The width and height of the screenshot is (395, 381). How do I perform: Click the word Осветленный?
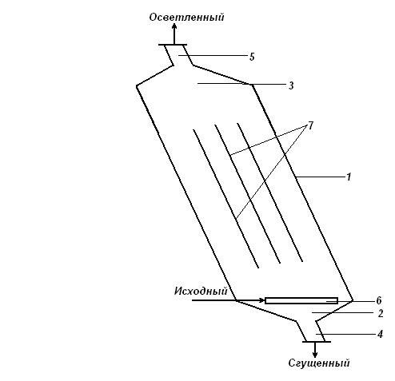pos(186,18)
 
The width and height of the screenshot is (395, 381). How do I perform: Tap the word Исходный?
pos(201,291)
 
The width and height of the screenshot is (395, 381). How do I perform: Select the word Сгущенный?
pos(319,363)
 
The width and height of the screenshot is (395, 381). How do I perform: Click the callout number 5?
pos(252,57)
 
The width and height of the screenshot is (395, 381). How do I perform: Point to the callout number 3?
pos(291,85)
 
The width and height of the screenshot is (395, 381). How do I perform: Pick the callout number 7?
pos(310,125)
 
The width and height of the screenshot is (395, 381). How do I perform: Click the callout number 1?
pos(349,177)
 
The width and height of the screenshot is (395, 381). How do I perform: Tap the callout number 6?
pos(379,300)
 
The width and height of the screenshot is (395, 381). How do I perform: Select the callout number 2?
pos(381,313)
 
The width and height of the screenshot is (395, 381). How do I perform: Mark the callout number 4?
pos(381,334)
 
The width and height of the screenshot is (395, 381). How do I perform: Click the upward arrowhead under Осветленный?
pos(174,26)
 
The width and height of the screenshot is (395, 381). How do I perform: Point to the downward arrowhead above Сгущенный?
pos(315,354)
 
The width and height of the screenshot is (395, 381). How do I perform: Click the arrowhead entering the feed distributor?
pos(262,300)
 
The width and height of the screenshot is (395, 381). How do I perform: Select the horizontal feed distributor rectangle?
pos(301,301)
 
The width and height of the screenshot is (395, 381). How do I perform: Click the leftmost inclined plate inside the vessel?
pos(225,199)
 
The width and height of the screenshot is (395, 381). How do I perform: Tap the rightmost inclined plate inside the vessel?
pos(269,192)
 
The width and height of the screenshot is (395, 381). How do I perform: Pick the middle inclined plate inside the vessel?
pos(248,194)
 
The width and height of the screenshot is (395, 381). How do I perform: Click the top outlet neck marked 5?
pos(178,55)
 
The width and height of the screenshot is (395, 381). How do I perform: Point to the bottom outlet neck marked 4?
pos(311,331)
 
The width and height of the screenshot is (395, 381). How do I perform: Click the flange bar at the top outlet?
pos(173,45)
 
